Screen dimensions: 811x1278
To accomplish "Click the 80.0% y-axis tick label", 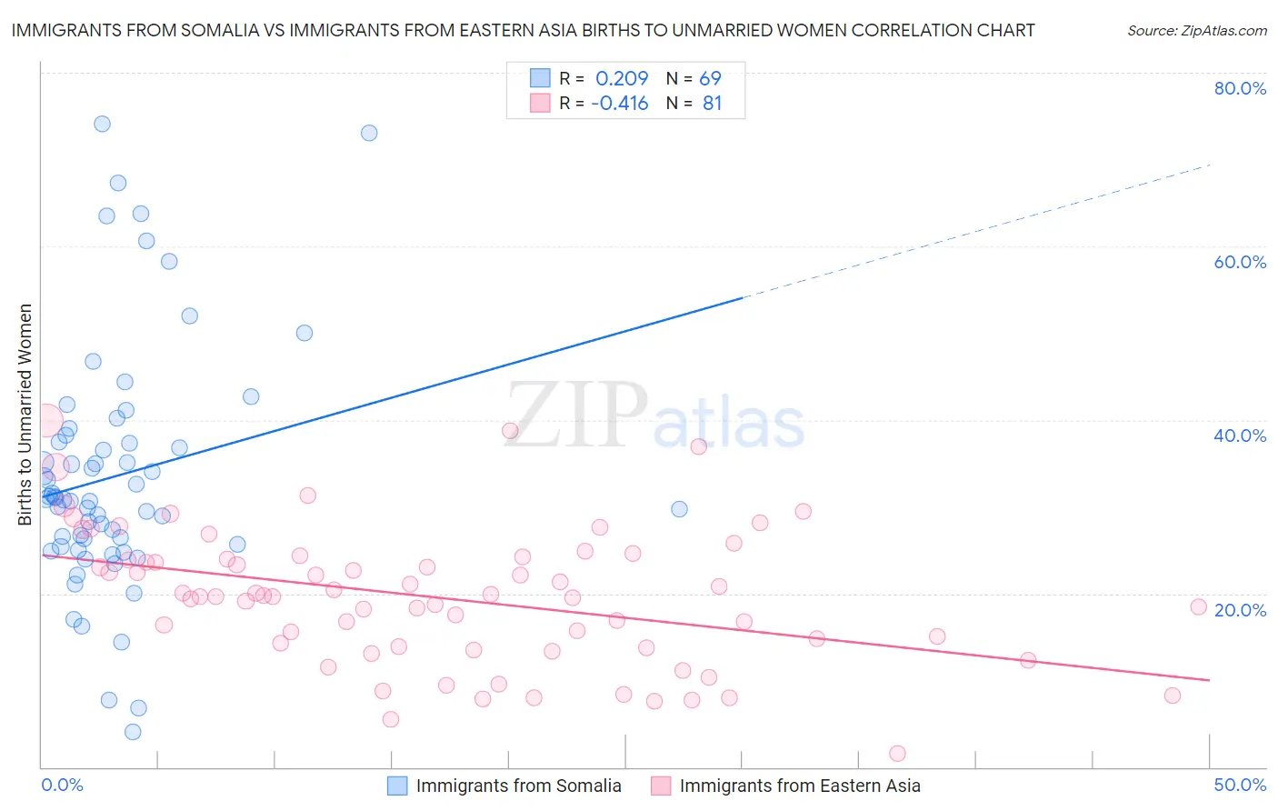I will click(x=1239, y=88).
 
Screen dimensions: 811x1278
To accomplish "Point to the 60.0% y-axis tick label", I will click(x=1239, y=262).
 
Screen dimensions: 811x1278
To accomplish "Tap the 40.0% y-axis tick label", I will click(x=1239, y=436).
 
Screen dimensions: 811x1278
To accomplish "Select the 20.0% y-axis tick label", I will click(x=1239, y=609).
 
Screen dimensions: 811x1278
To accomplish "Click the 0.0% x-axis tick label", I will click(x=62, y=785).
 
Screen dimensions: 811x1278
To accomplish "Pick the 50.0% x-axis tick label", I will click(x=1239, y=785).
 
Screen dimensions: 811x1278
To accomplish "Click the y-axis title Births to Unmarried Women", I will click(x=25, y=415).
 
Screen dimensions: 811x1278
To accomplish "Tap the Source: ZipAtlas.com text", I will click(x=1196, y=30).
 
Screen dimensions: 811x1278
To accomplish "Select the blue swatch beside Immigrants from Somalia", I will click(x=397, y=786).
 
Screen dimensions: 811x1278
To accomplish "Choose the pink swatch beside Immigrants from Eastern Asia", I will click(x=661, y=786).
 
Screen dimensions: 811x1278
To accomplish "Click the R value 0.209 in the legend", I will click(x=622, y=79).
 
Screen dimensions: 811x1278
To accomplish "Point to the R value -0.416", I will click(x=619, y=104).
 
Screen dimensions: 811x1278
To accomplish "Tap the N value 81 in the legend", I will click(x=712, y=104).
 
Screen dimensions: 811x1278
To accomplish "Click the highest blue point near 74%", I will click(x=102, y=124).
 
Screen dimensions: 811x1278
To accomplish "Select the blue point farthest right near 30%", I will click(x=679, y=509).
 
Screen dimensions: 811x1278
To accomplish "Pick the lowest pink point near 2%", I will click(x=897, y=753).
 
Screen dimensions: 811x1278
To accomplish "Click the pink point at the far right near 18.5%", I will click(x=1198, y=606).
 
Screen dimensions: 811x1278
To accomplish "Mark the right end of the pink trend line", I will click(x=1209, y=680).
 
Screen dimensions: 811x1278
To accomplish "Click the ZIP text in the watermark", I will click(x=576, y=416).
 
